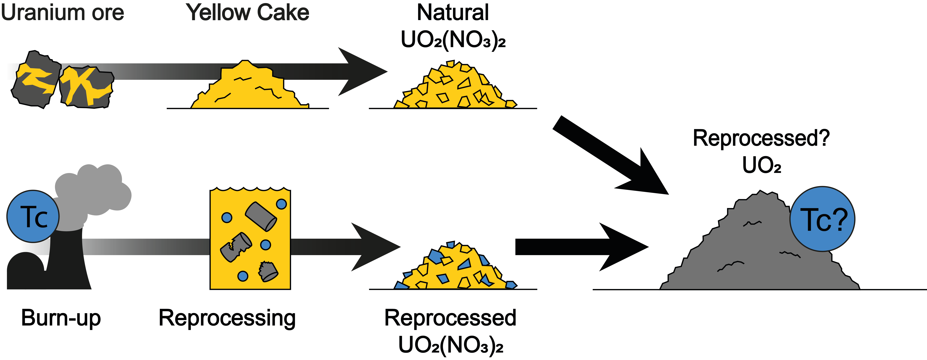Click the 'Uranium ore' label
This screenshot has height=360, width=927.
point(63,13)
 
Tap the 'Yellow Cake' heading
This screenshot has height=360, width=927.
point(248,13)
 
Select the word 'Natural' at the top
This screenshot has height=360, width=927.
point(453,13)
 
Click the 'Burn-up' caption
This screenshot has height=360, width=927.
point(61,318)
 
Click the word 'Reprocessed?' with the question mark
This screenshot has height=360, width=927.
point(761,139)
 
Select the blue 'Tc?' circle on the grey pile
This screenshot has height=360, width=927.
point(822,219)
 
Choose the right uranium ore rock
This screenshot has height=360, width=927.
point(86,88)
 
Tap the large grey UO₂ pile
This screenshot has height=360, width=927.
point(759,245)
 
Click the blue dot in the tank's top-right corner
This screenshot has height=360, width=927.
point(281,204)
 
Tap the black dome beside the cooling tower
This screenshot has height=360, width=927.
point(25,271)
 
